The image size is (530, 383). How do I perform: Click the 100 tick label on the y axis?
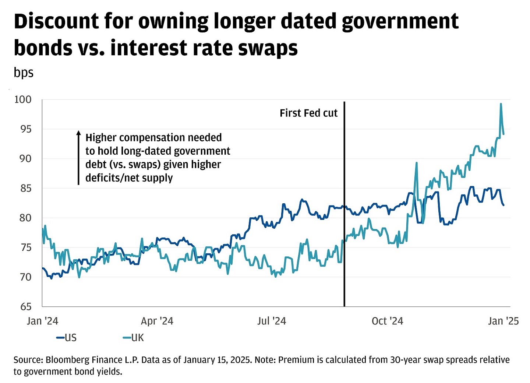[x=23, y=99]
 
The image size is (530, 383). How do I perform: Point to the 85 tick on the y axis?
[x=23, y=188]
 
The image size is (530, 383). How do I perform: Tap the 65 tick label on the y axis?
[x=23, y=306]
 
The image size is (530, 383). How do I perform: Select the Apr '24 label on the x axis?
[x=157, y=321]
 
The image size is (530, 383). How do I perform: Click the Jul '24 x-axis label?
[x=272, y=321]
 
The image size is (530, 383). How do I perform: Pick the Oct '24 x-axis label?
[x=387, y=321]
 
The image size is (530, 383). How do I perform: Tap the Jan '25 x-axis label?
[x=503, y=321]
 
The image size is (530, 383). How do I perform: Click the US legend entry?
[x=67, y=338]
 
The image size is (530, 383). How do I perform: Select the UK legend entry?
[x=134, y=338]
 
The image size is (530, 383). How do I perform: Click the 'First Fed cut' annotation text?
[x=308, y=113]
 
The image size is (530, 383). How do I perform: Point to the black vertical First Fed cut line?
[x=344, y=221]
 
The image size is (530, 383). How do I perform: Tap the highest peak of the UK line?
[x=501, y=104]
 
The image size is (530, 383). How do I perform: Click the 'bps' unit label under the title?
[x=24, y=73]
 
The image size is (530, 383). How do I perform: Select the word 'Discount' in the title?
[x=56, y=21]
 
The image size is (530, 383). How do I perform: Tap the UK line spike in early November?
[x=416, y=163]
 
